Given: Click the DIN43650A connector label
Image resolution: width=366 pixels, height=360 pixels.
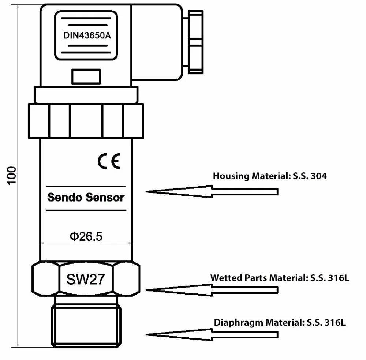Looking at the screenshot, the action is click(x=87, y=35).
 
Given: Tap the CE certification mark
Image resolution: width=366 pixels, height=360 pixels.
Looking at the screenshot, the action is click(x=109, y=161).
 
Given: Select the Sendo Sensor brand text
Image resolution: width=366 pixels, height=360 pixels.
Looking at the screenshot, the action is click(x=86, y=198).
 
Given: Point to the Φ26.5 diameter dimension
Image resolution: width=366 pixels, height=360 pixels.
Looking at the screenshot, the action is click(x=86, y=236).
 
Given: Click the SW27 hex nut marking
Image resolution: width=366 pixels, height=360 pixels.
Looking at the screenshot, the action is click(x=85, y=279).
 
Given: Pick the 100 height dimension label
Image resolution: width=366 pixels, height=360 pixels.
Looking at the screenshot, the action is click(x=11, y=176).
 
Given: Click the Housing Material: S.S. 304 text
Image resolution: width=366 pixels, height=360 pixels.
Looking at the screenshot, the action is click(x=270, y=176).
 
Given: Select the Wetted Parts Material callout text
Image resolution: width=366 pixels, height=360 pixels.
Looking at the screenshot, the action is click(x=280, y=278).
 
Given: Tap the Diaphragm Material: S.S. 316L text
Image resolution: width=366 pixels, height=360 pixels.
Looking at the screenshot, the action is click(x=280, y=322).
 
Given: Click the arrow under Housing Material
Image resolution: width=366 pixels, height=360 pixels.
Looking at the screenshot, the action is click(x=212, y=192).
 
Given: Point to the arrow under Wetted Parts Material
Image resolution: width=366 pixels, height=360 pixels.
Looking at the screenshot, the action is click(x=212, y=290).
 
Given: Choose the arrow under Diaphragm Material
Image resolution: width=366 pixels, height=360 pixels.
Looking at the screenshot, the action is click(x=212, y=335).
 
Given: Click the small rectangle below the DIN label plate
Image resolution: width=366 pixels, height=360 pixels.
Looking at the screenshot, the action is click(x=86, y=76).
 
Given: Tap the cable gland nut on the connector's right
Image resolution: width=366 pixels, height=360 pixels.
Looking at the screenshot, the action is click(x=195, y=42).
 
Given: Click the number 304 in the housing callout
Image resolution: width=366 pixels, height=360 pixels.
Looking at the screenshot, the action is click(x=319, y=176).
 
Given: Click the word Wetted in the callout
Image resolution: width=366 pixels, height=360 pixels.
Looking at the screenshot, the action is click(x=226, y=278).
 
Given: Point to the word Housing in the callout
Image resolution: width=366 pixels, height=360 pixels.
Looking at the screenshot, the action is click(x=231, y=176).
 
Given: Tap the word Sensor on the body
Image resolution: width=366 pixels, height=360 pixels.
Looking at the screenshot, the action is click(x=105, y=198).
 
